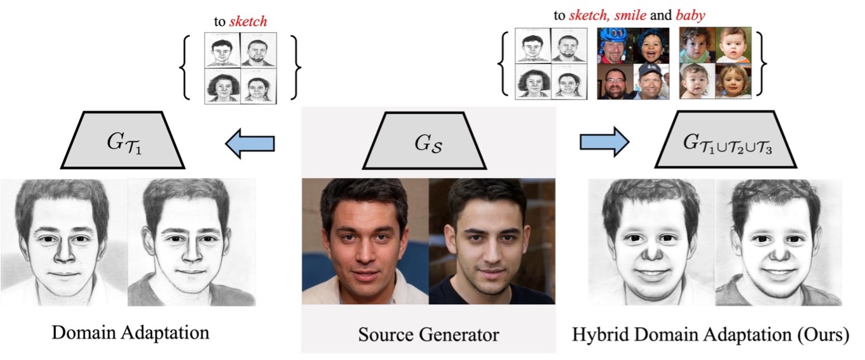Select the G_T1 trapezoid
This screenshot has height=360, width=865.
click(123, 141)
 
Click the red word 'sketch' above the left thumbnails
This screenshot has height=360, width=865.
click(248, 22)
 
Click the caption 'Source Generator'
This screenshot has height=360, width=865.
click(429, 334)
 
